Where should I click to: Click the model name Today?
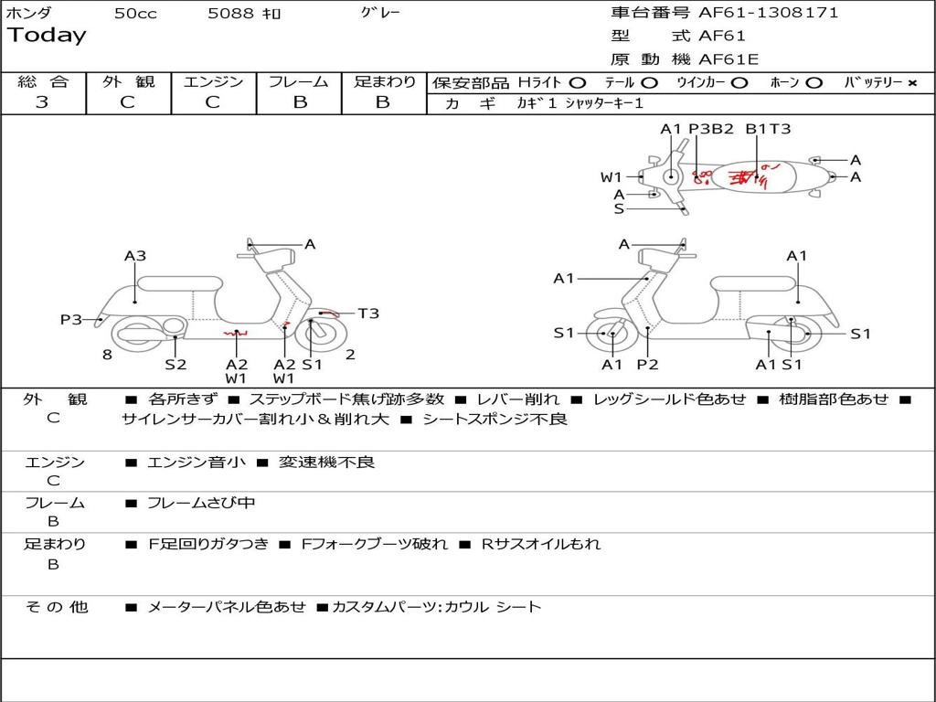click(x=47, y=36)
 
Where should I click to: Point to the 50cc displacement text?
click(x=135, y=14)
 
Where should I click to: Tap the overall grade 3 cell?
click(x=42, y=102)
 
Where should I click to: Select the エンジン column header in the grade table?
click(x=213, y=82)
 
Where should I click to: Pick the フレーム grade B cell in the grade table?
click(x=300, y=102)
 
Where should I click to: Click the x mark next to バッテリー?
click(x=911, y=83)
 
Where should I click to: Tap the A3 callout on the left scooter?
click(x=135, y=257)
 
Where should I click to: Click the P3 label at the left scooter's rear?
click(x=71, y=320)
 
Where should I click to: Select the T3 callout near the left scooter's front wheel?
click(x=368, y=314)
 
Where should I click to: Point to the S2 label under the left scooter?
click(x=175, y=365)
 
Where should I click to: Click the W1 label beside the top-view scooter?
click(x=612, y=177)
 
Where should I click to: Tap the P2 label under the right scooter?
click(x=648, y=365)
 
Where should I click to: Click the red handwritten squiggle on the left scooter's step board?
click(x=236, y=335)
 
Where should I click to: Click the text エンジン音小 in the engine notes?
click(x=197, y=463)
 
